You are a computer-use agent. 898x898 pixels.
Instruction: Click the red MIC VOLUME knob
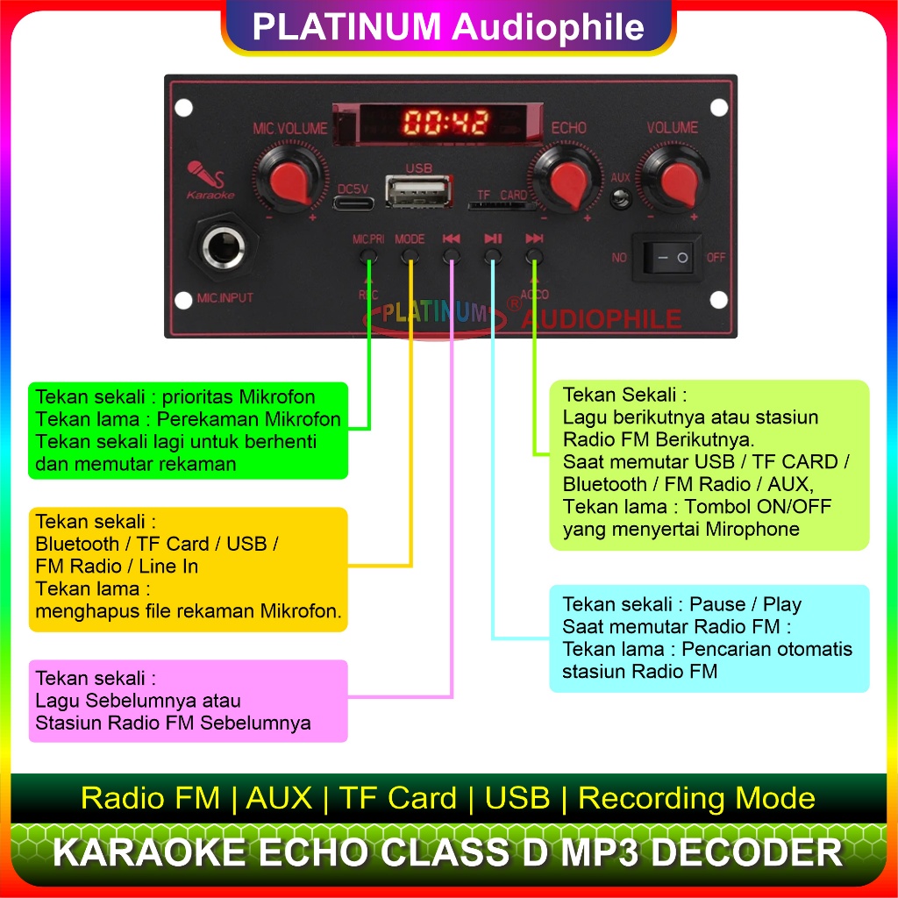point(291,181)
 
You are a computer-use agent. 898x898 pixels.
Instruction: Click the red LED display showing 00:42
point(446,122)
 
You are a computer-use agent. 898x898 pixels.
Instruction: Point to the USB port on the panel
point(418,191)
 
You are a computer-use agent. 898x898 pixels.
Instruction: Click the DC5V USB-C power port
point(353,203)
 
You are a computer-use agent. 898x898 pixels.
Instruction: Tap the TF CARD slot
point(501,205)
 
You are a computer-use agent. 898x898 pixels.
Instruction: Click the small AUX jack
point(620,199)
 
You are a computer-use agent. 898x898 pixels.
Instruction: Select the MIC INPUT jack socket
point(224,247)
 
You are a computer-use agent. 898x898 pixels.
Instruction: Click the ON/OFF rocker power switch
point(667,258)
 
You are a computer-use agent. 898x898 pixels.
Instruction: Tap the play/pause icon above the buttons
point(493,239)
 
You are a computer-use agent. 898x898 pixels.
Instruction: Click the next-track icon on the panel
point(534,239)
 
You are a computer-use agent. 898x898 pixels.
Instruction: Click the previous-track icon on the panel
point(452,239)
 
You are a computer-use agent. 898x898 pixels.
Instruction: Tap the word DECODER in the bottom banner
point(747,852)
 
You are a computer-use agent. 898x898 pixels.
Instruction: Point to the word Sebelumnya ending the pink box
point(255,723)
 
